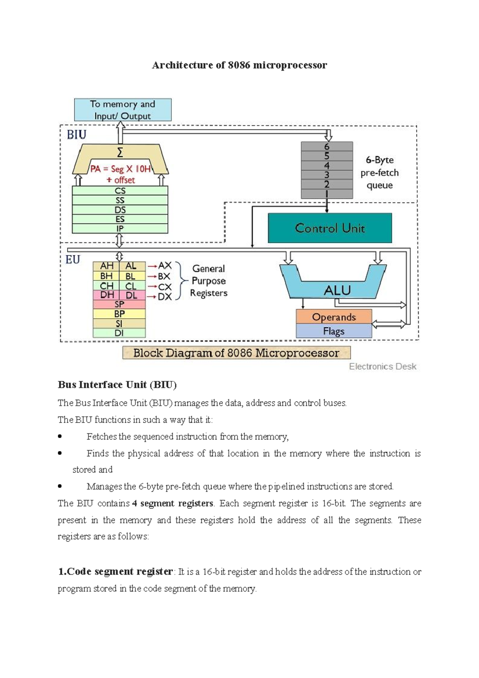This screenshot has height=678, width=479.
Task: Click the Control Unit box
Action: (x=330, y=228)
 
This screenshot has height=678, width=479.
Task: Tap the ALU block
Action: (x=337, y=289)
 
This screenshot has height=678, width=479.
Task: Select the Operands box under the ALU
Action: (x=334, y=317)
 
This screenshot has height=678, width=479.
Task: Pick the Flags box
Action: (x=334, y=331)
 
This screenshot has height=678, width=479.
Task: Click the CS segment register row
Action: (x=120, y=191)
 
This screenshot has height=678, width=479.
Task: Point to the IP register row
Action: (x=120, y=229)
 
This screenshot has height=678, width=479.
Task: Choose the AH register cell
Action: (x=107, y=266)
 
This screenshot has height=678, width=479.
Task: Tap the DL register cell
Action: (x=132, y=295)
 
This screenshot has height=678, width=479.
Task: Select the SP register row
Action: (x=119, y=304)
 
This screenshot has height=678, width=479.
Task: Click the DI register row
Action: (x=119, y=333)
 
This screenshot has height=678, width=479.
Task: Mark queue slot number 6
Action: (x=327, y=147)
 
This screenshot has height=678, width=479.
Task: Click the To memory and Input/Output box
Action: (x=123, y=110)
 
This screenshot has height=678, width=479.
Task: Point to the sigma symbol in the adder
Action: (x=120, y=153)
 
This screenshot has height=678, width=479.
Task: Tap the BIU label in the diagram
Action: (x=77, y=135)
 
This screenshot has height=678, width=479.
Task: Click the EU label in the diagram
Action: (x=73, y=260)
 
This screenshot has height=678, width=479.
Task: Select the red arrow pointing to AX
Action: (x=152, y=266)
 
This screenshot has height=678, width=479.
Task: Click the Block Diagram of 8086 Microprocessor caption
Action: (x=236, y=353)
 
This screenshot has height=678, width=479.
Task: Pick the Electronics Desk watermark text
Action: (x=382, y=367)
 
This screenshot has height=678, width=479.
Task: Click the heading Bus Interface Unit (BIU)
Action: (x=117, y=385)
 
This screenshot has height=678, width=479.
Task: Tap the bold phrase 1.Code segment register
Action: (x=115, y=571)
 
